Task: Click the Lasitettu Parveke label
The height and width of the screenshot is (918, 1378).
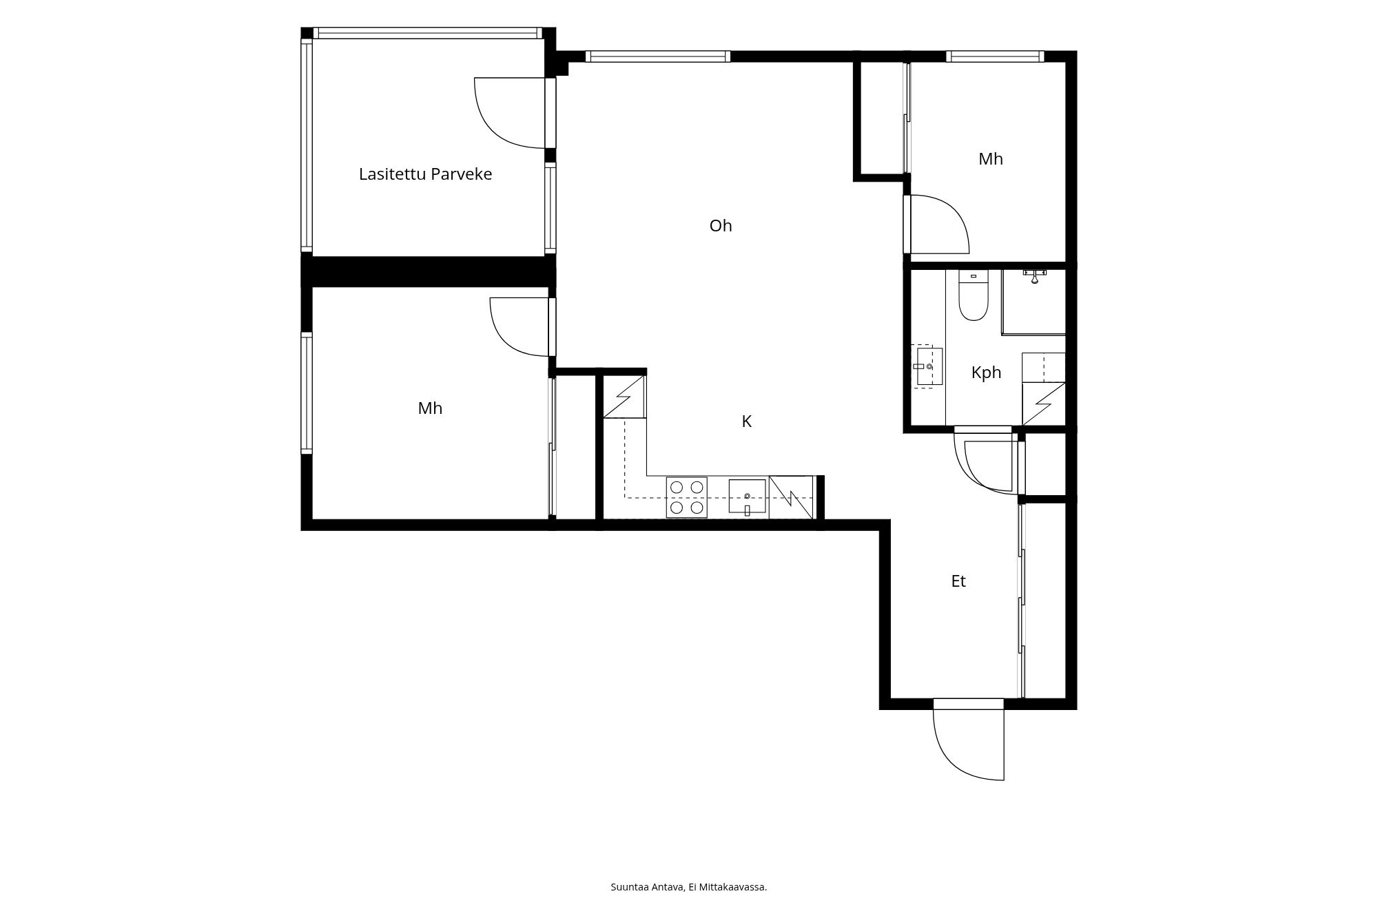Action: pos(425,174)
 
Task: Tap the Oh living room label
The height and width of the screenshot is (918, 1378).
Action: pos(721,226)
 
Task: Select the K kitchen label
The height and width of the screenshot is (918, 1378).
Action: pos(746,421)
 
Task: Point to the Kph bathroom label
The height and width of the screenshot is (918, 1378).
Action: pos(986,373)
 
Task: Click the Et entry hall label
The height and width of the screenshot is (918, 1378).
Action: pos(958,581)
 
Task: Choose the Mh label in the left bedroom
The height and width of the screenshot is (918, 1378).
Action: pos(430,408)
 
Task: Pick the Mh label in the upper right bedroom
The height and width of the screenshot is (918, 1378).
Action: pos(991,159)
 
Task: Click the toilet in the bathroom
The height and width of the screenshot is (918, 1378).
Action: pos(974,295)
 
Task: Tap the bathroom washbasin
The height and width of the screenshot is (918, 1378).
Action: pos(927,366)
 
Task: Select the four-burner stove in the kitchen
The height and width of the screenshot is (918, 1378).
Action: pos(687,497)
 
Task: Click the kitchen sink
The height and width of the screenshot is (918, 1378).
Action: pos(748,497)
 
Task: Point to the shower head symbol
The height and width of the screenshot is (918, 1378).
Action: pos(1034,277)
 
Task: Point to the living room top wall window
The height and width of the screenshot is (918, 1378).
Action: pos(657,56)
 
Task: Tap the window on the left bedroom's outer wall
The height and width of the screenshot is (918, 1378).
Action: pos(307,393)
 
